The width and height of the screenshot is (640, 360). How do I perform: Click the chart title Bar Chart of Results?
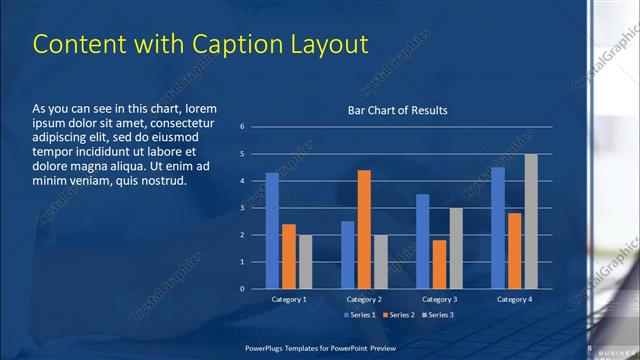[397, 110]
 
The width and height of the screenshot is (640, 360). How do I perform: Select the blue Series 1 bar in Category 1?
[272, 231]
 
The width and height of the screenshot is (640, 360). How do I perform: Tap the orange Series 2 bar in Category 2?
[364, 229]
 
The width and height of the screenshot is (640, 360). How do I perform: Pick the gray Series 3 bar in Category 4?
[531, 221]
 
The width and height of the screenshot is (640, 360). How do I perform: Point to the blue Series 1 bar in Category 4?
[498, 228]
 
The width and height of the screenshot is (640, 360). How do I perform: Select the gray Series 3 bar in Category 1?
[305, 262]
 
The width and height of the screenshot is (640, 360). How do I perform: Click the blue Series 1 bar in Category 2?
[347, 255]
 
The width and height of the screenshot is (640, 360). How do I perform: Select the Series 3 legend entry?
[438, 315]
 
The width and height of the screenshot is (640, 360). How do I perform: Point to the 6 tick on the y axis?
[242, 127]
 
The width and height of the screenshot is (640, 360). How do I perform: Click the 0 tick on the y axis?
[242, 289]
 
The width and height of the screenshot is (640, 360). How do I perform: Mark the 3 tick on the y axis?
[242, 208]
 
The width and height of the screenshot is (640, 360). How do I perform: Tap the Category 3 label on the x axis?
[439, 299]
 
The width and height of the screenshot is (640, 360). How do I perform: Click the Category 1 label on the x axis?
[289, 299]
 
